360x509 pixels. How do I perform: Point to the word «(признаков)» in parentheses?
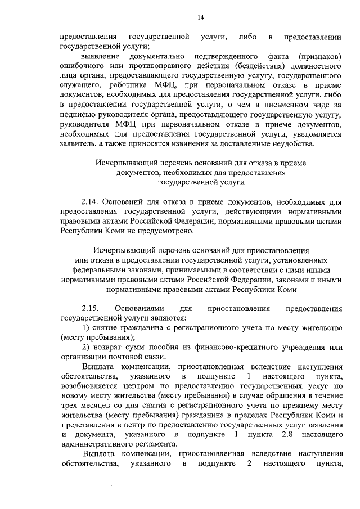tap(321, 57)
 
